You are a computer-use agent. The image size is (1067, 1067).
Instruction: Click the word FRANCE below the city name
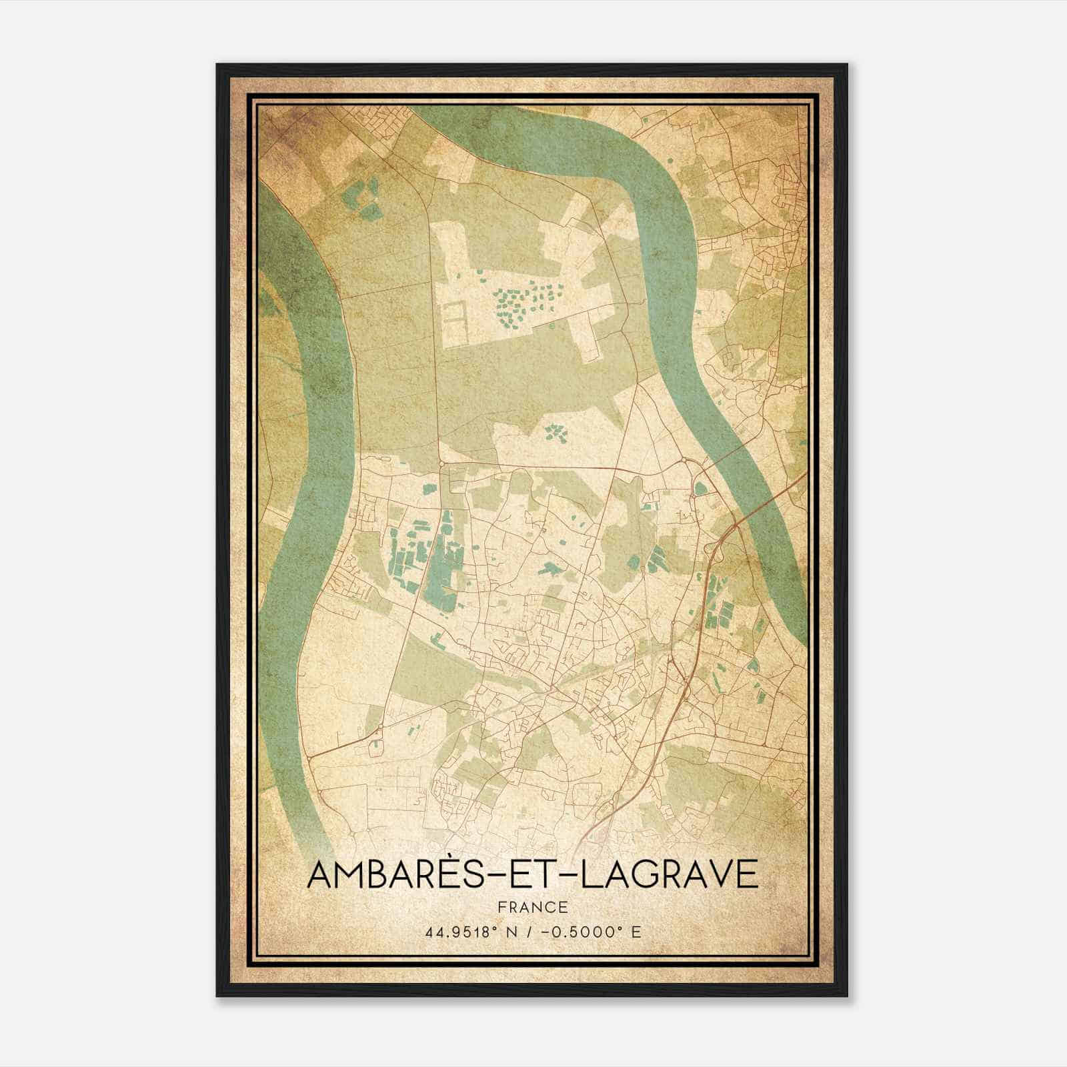532,907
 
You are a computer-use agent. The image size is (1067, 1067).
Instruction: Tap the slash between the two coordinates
527,932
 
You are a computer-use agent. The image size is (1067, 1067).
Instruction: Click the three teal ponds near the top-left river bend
360,200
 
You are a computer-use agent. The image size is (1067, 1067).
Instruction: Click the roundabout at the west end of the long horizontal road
441,462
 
